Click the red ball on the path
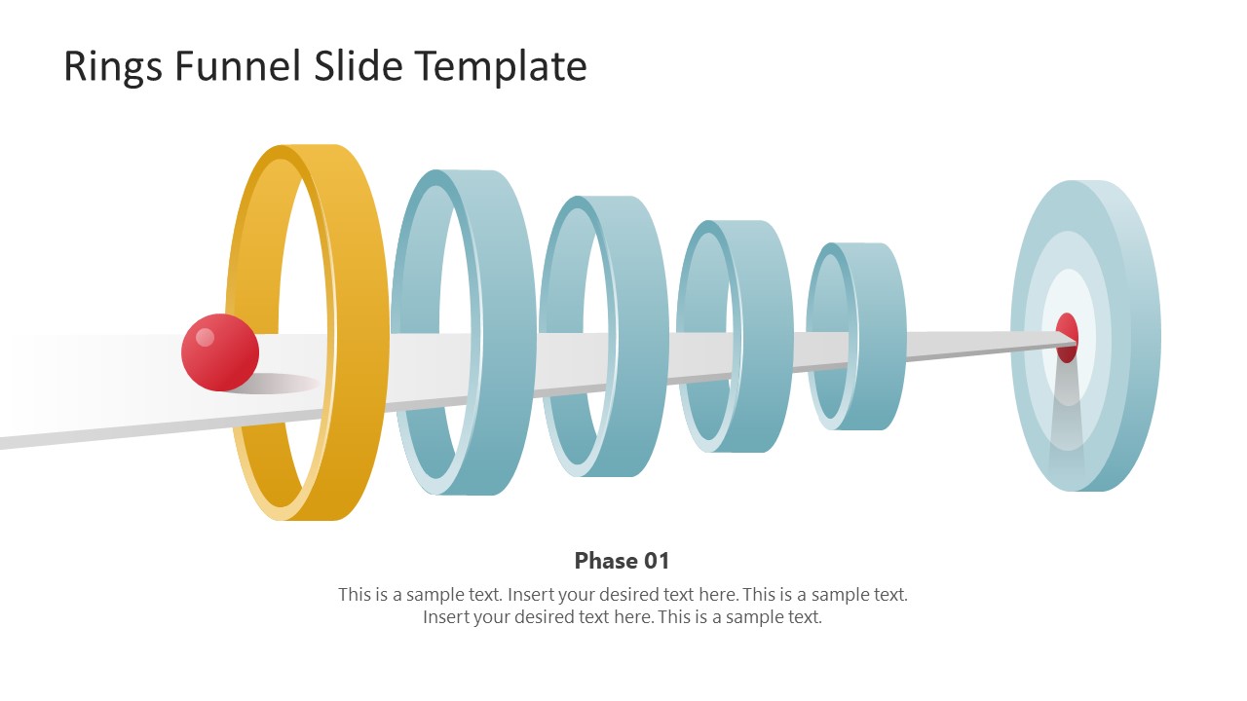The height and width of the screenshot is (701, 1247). pos(220,352)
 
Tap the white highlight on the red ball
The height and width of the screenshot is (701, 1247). pos(205,337)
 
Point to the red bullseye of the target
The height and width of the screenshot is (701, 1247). pos(1067,337)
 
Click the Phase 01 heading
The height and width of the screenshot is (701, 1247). pos(623,561)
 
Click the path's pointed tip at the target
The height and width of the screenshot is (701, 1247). pos(1074,338)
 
